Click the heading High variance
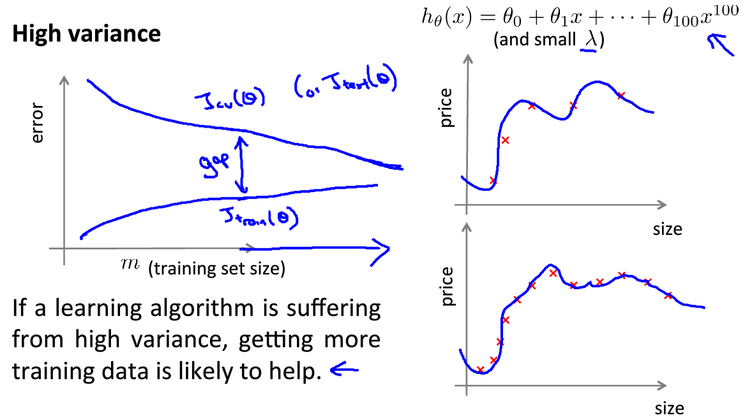point(86,34)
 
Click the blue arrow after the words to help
point(343,369)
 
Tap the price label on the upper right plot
point(446,108)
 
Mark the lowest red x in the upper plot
point(492,181)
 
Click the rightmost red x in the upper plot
point(621,96)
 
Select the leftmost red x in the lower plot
point(480,369)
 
